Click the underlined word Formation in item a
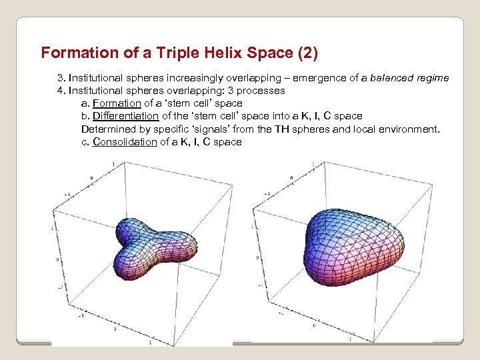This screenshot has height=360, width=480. [x=117, y=103]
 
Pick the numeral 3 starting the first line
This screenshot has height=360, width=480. [x=60, y=78]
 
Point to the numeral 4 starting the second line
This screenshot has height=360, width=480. [x=60, y=91]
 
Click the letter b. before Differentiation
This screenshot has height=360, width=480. [x=85, y=116]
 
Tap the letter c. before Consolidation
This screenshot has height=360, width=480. [x=85, y=142]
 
